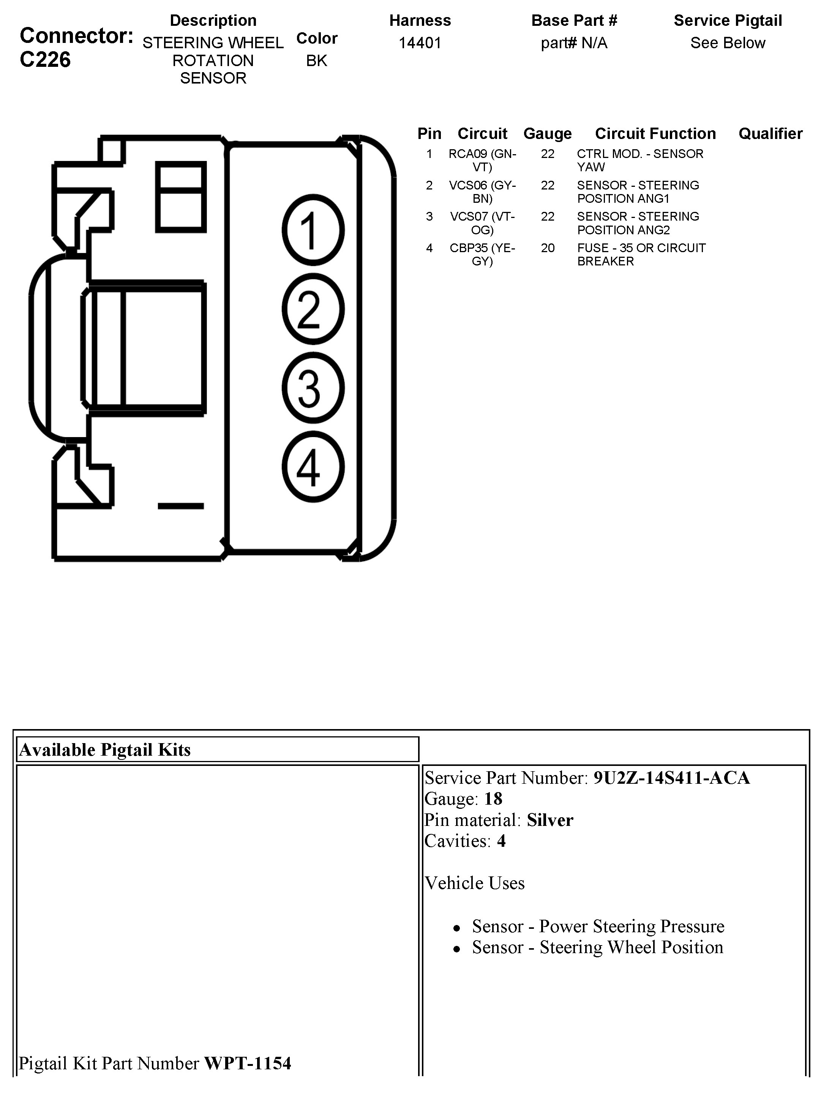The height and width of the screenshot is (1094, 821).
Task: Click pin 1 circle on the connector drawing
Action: [x=313, y=230]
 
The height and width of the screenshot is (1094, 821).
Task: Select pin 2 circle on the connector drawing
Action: [x=313, y=309]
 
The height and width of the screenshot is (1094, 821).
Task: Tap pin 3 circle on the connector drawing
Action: [x=313, y=388]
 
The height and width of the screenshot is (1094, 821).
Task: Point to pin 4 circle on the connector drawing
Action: [x=313, y=467]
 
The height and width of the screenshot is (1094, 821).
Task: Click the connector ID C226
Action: [x=45, y=60]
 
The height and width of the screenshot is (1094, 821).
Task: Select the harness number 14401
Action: [x=420, y=43]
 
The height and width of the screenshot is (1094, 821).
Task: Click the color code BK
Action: [x=317, y=60]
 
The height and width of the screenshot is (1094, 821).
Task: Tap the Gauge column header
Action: [x=548, y=134]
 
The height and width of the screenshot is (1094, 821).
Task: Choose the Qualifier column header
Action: [x=770, y=134]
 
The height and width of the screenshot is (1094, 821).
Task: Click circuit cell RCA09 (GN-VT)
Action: [x=482, y=160]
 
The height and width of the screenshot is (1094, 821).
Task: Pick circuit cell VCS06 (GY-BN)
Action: [x=482, y=192]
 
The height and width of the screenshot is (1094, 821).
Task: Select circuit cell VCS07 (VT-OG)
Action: [x=482, y=223]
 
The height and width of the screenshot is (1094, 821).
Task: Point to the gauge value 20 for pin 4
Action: [x=548, y=248]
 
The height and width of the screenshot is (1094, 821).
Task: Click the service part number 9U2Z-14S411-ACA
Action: [x=671, y=778]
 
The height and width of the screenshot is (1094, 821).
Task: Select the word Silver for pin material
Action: [x=549, y=820]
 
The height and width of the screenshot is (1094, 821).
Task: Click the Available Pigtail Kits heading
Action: [x=105, y=750]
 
